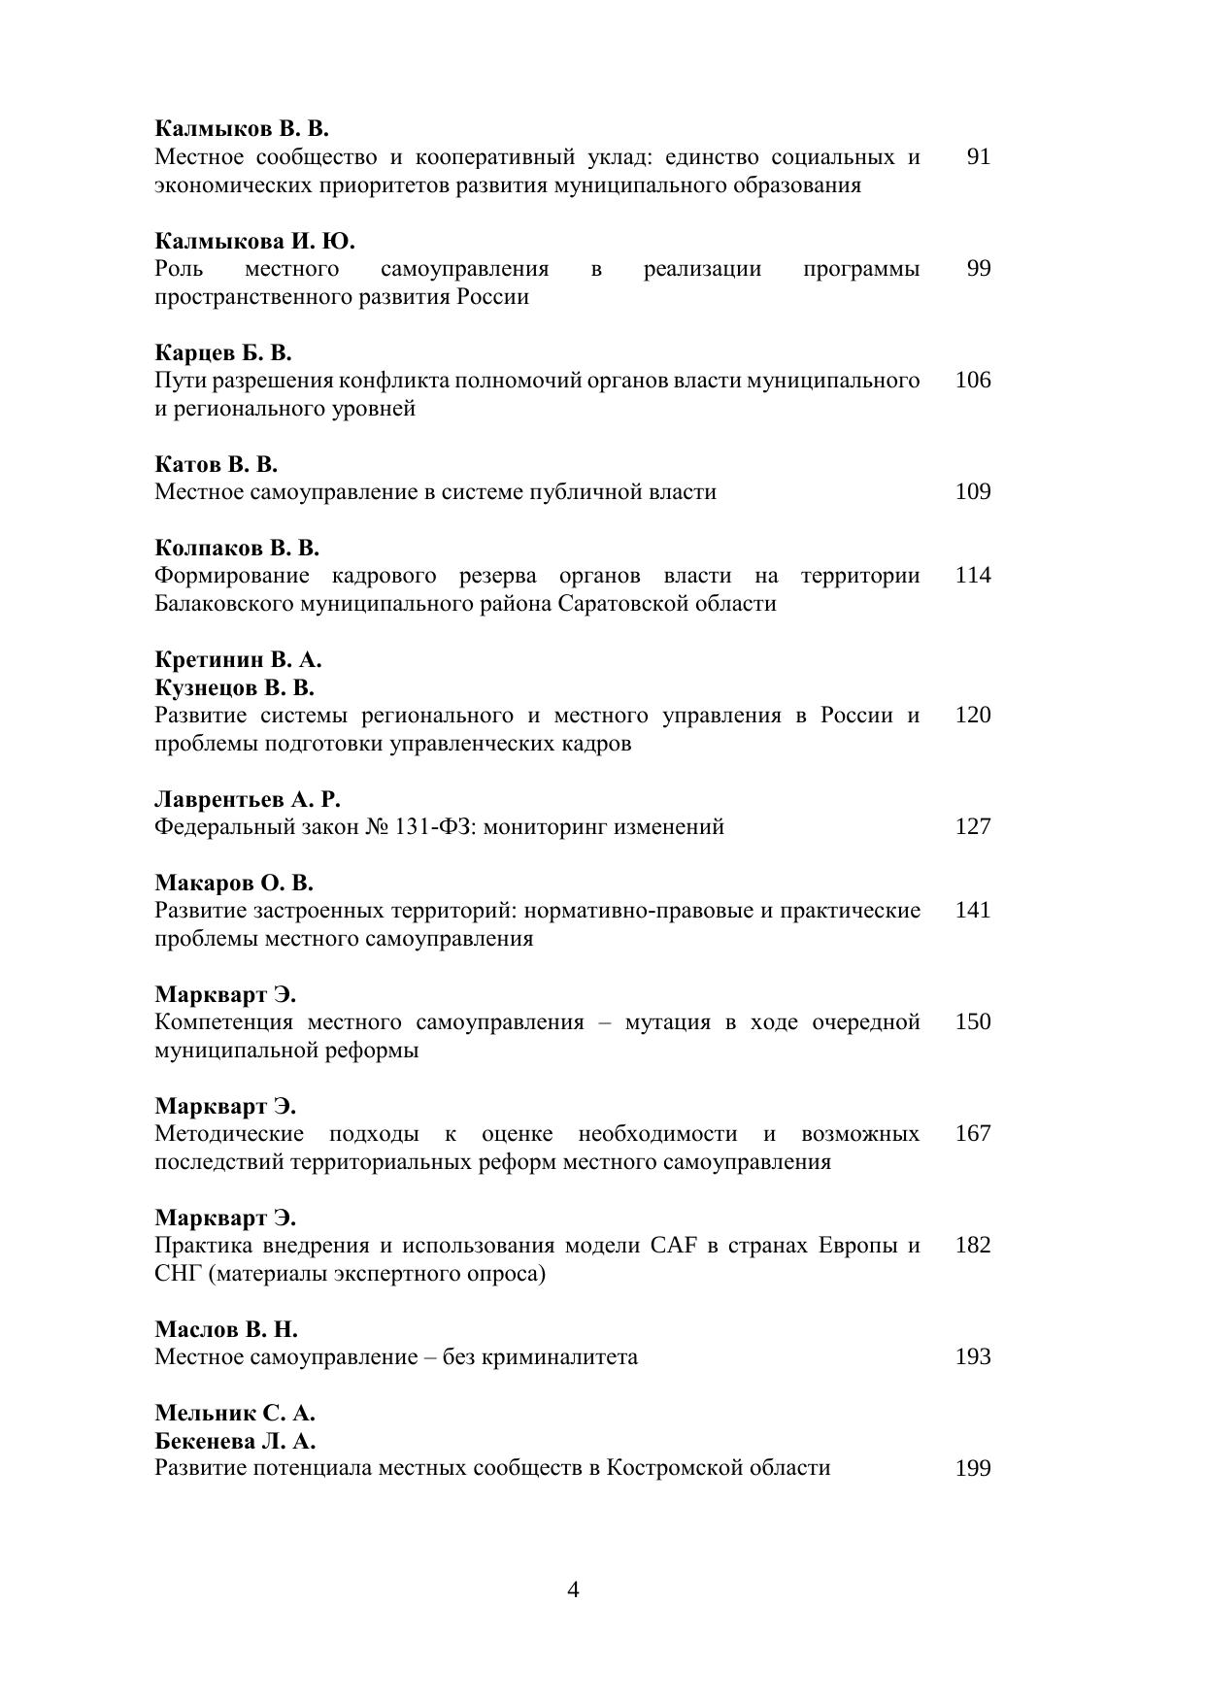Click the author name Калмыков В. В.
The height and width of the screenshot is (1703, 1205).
click(x=242, y=128)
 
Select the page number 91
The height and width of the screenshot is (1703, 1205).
click(x=978, y=156)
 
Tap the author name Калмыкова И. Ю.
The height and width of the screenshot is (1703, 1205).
click(x=254, y=240)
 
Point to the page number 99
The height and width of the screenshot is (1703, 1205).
click(x=978, y=268)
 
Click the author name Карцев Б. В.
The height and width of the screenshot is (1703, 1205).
click(x=223, y=351)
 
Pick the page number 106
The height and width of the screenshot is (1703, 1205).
click(x=973, y=380)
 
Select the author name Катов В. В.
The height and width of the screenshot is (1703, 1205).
click(x=217, y=463)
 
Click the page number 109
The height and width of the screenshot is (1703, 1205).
click(x=973, y=491)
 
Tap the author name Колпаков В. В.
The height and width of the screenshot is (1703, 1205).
click(x=237, y=548)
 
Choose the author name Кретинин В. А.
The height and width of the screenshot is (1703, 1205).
click(x=238, y=659)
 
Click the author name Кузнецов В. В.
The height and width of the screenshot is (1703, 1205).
click(x=234, y=687)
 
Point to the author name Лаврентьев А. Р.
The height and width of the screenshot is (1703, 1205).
click(x=248, y=799)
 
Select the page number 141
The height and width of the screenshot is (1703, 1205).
click(x=973, y=910)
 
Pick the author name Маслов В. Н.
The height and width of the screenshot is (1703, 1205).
click(x=226, y=1328)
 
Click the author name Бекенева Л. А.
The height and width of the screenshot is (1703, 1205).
click(x=235, y=1440)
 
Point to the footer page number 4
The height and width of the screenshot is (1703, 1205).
click(x=573, y=1589)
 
